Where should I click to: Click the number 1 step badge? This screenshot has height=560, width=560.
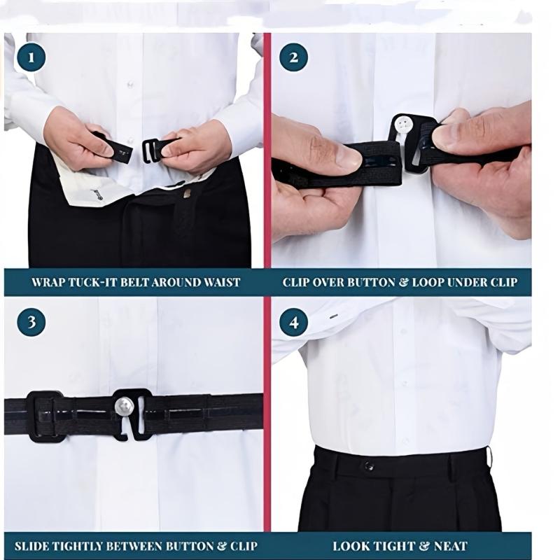(31, 57)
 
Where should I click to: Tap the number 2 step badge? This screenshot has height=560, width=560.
(293, 57)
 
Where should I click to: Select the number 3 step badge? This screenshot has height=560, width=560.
(31, 322)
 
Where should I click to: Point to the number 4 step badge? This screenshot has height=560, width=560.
(293, 323)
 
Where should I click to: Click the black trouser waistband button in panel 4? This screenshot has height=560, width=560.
(368, 465)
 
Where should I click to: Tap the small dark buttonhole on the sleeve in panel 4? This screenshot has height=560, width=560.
(334, 316)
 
